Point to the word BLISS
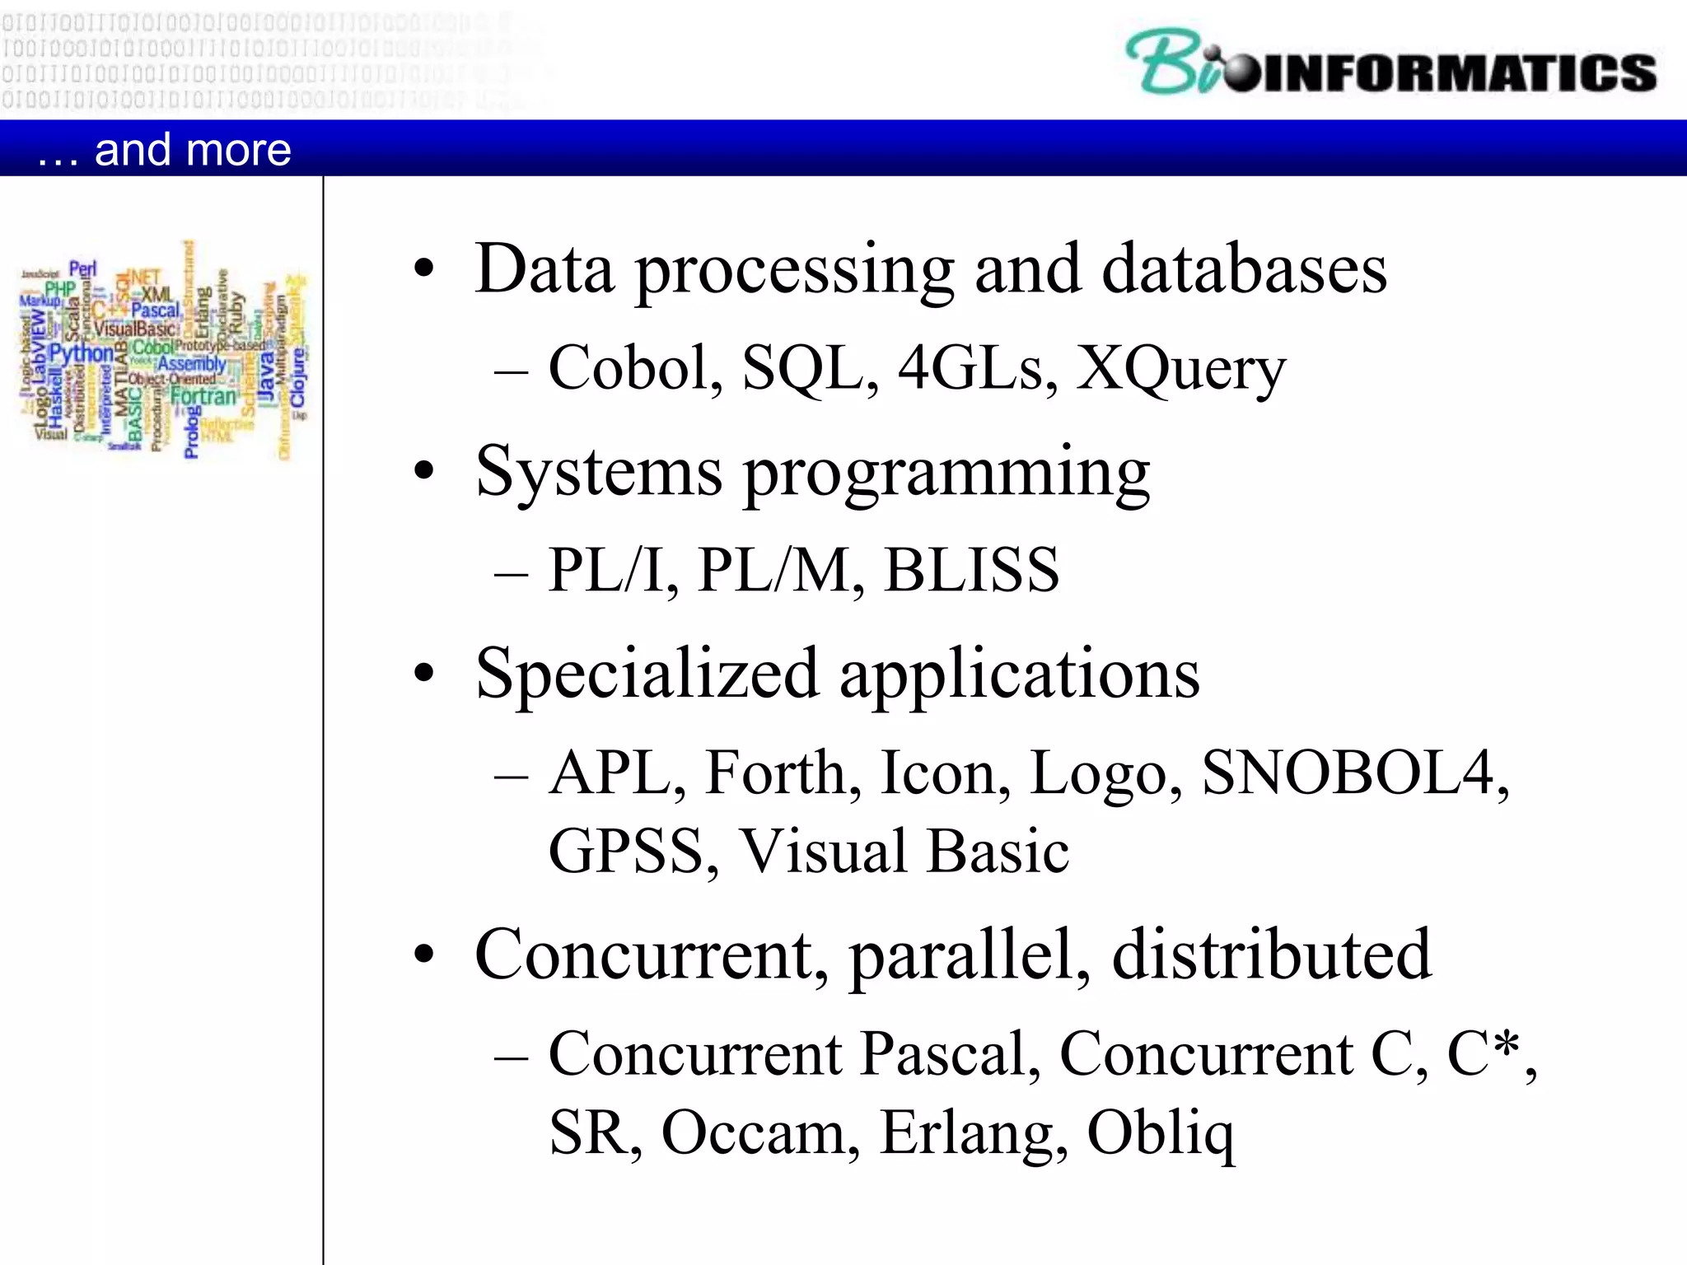click(x=971, y=569)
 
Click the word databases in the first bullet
click(x=1244, y=268)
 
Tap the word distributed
click(x=1272, y=954)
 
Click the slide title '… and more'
click(x=165, y=149)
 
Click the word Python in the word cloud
click(x=82, y=353)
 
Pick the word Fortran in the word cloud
click(x=203, y=396)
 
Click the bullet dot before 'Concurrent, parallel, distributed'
click(x=424, y=955)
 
